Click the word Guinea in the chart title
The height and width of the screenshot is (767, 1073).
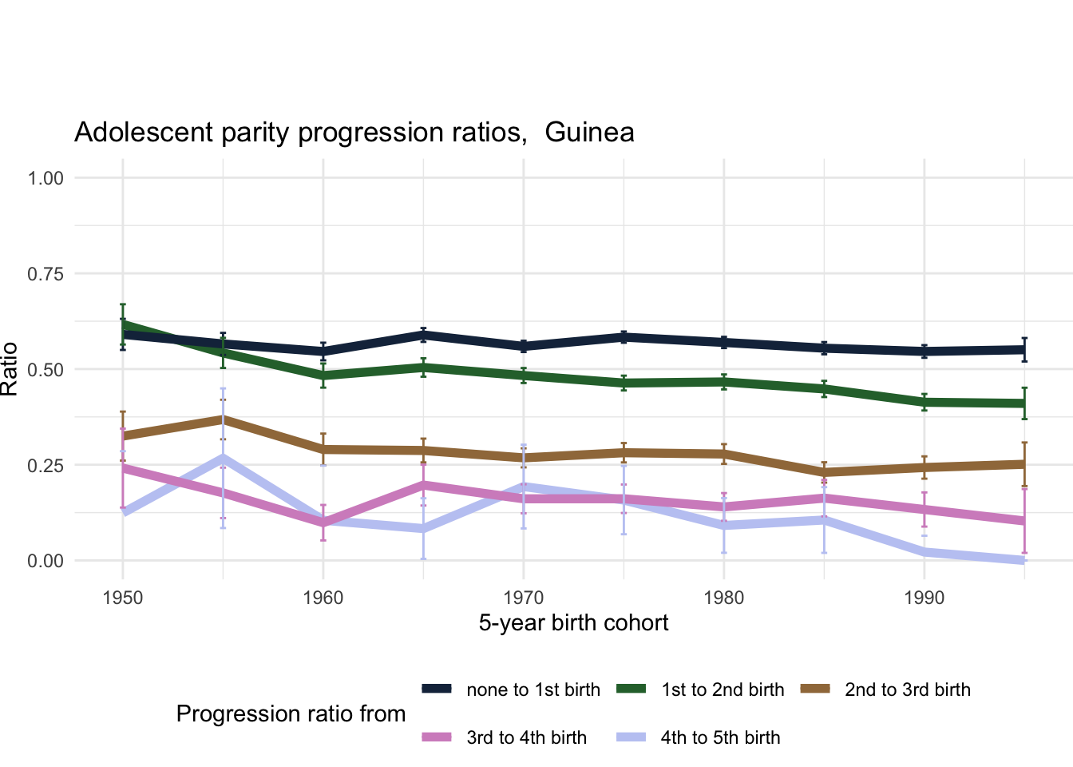[589, 132]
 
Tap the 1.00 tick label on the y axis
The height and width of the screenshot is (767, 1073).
[46, 177]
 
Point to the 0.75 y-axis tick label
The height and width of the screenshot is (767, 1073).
[46, 274]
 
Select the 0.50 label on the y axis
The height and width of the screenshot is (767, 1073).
[46, 369]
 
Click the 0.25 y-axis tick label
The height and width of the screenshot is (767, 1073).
[46, 465]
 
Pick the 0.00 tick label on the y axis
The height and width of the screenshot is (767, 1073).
[46, 561]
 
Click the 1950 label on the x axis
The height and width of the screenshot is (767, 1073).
[123, 598]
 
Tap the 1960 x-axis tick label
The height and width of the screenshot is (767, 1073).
[323, 598]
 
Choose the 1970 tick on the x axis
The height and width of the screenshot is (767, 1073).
[524, 598]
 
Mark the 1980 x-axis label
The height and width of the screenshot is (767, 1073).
[724, 598]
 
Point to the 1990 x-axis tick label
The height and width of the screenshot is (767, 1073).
[925, 598]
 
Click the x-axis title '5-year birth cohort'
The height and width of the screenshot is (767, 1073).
[573, 623]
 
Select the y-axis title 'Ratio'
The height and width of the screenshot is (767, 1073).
[10, 369]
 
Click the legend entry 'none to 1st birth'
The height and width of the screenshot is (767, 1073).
[533, 690]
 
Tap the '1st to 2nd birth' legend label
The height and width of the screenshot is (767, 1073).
[723, 690]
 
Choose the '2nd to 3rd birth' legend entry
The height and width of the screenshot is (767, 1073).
[907, 690]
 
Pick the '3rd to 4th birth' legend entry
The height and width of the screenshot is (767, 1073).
[526, 737]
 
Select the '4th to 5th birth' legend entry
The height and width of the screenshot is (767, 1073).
[720, 737]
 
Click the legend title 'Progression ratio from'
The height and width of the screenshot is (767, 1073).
[291, 713]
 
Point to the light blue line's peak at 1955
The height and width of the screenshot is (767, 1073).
[224, 458]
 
